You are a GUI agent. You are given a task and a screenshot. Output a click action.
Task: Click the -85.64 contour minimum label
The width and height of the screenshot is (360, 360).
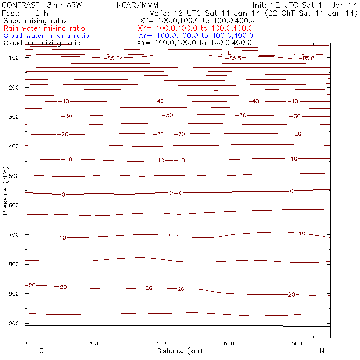pyautogui.click(x=113, y=59)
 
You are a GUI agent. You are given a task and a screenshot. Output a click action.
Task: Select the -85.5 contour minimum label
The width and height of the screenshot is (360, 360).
pyautogui.click(x=233, y=59)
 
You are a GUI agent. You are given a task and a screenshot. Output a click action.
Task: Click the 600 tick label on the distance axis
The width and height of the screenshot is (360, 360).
pyautogui.click(x=229, y=343)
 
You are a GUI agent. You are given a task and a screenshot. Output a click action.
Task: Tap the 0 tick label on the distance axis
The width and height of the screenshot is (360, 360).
pyautogui.click(x=25, y=343)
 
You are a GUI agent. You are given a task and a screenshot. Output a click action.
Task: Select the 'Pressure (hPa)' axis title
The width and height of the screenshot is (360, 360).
pyautogui.click(x=6, y=190)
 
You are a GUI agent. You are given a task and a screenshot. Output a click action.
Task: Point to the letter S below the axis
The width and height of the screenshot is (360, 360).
pyautogui.click(x=41, y=351)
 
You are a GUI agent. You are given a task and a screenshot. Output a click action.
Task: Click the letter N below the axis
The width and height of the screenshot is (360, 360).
pyautogui.click(x=322, y=351)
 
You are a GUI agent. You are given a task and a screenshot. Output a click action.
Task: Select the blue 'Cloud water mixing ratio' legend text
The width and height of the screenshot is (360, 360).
pyautogui.click(x=46, y=36)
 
